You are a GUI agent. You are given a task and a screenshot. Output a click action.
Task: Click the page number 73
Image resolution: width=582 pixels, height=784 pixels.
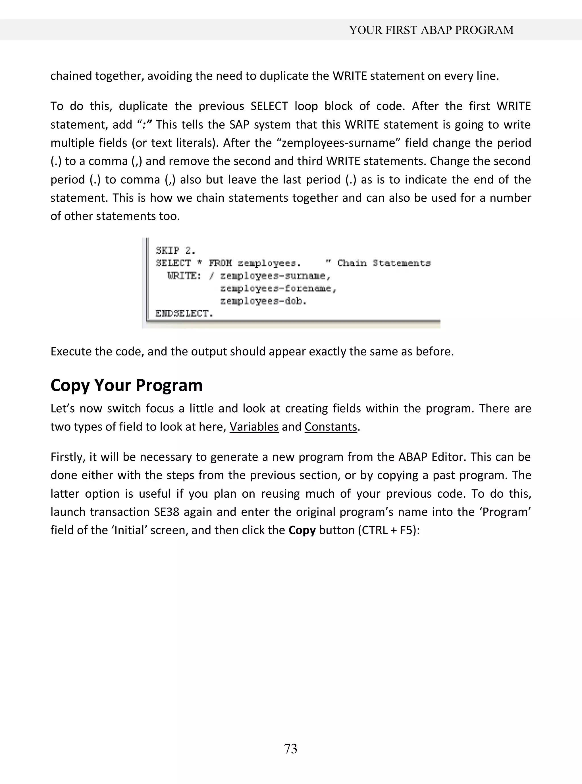291,748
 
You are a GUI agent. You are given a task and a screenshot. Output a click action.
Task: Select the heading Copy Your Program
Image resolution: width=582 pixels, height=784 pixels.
126,385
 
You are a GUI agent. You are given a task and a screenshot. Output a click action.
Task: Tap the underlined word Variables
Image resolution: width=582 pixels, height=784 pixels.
254,427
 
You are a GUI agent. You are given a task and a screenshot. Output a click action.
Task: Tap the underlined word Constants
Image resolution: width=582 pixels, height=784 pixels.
331,427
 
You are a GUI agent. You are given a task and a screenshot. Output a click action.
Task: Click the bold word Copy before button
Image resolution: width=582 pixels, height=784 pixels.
302,530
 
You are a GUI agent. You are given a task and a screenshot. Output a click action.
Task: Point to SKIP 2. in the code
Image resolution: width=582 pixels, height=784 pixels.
175,250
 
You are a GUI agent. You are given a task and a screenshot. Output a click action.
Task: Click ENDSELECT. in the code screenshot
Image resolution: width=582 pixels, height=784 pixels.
184,313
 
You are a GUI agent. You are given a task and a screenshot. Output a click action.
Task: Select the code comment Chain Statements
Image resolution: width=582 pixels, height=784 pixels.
384,263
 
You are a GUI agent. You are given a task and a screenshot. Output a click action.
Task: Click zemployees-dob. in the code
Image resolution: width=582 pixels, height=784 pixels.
263,301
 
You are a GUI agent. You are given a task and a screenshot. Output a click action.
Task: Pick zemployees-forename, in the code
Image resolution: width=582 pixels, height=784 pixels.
278,288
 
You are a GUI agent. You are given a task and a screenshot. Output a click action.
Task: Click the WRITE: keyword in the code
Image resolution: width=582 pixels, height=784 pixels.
184,276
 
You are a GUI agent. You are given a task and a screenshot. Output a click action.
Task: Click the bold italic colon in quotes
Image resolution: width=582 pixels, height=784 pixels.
144,125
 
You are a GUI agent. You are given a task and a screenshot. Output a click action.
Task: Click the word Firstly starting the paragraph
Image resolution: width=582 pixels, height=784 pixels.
68,457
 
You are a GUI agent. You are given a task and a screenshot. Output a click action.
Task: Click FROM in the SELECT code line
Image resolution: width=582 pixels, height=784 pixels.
220,263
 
